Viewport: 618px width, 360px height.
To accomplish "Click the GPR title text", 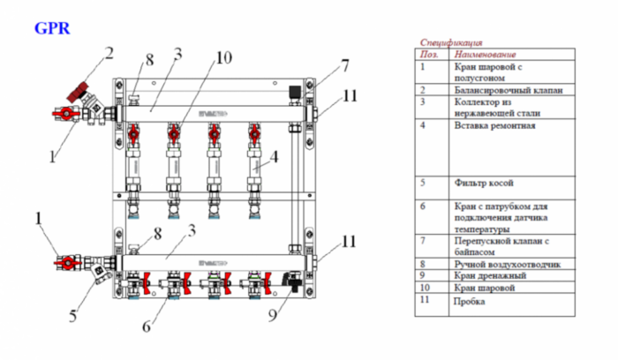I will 52,27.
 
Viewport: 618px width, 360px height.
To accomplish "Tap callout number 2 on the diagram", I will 109,52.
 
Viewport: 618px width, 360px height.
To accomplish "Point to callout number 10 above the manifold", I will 222,58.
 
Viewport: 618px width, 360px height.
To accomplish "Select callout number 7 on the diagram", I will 345,64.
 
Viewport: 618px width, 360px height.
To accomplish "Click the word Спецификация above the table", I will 451,41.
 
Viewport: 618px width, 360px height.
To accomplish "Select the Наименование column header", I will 486,54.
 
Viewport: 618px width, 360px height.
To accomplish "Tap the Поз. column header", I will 430,54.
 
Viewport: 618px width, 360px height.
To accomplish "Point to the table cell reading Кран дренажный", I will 486,275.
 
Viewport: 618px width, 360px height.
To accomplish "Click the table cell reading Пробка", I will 469,301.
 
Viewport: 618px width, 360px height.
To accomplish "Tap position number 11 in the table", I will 426,301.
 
